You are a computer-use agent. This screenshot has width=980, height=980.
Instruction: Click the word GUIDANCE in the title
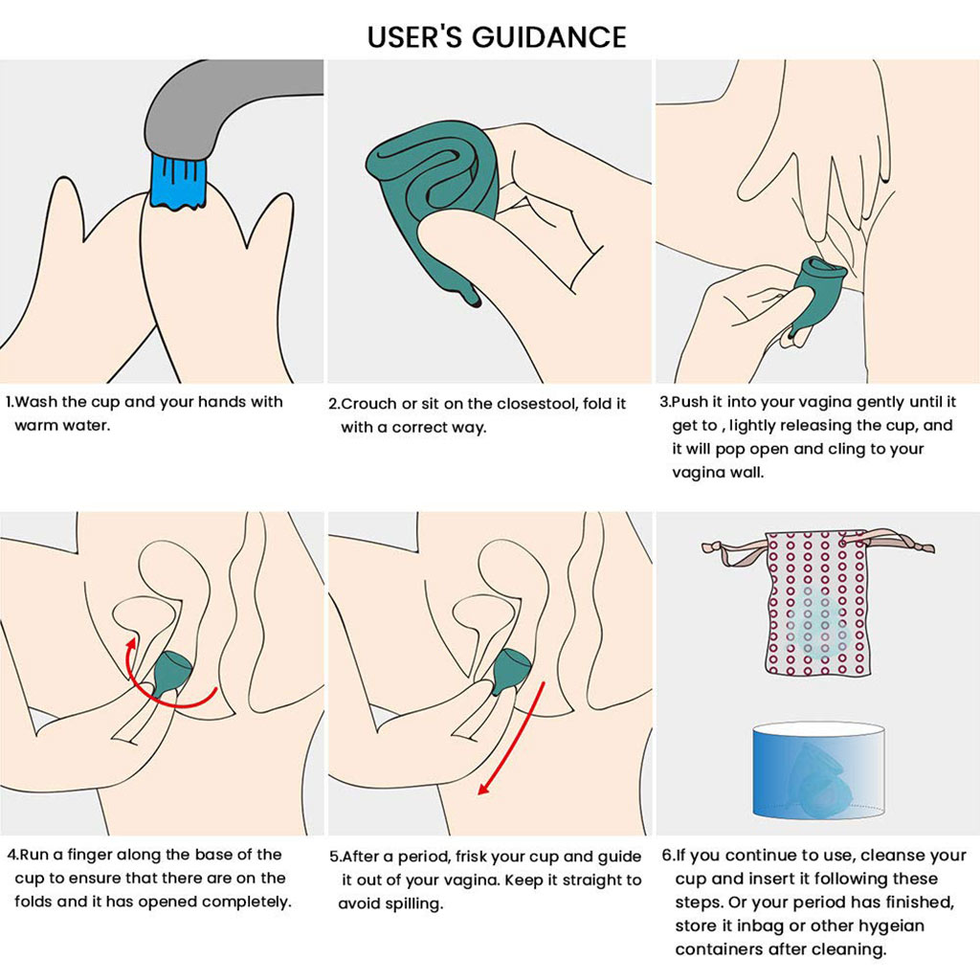click(548, 36)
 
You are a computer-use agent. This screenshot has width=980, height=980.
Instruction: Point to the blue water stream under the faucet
click(178, 184)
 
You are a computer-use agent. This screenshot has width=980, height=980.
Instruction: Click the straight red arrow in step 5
click(512, 738)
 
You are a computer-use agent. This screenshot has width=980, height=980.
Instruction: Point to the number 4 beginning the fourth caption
click(11, 855)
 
